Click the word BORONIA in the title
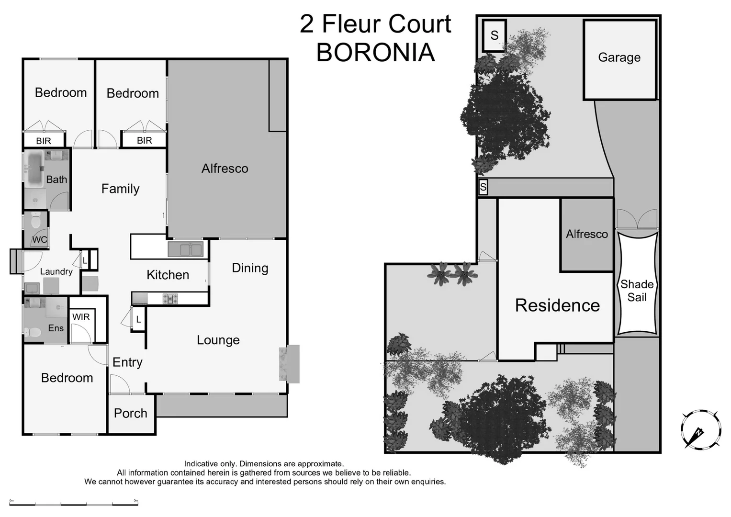pyautogui.click(x=375, y=53)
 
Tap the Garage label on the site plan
pyautogui.click(x=619, y=57)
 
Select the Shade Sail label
pyautogui.click(x=637, y=291)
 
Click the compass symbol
pyautogui.click(x=700, y=429)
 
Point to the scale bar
pyautogui.click(x=74, y=503)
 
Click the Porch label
pyautogui.click(x=130, y=413)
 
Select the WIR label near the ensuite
pyautogui.click(x=81, y=317)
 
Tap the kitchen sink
pyautogui.click(x=185, y=249)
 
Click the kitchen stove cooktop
pyautogui.click(x=170, y=299)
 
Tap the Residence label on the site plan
pyautogui.click(x=557, y=305)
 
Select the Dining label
pyautogui.click(x=250, y=268)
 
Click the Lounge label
pyautogui.click(x=218, y=340)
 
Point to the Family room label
pyautogui.click(x=120, y=189)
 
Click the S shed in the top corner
pyautogui.click(x=494, y=35)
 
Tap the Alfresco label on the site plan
pyautogui.click(x=587, y=234)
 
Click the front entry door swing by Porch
pyautogui.click(x=119, y=384)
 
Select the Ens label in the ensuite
pyautogui.click(x=56, y=328)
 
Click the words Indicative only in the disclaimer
pyautogui.click(x=210, y=464)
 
